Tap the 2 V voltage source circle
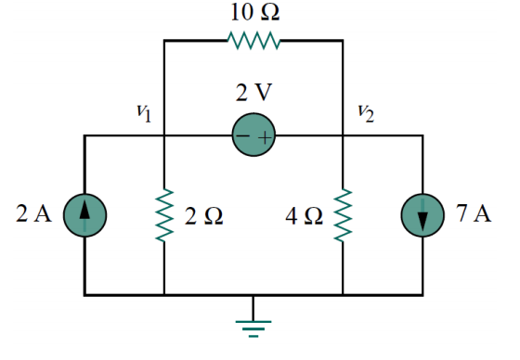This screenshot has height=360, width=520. (253, 137)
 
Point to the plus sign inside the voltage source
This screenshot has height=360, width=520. (265, 138)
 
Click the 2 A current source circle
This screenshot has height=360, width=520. (84, 216)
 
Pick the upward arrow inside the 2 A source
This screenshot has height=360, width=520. (84, 215)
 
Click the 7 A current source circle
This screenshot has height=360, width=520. (422, 216)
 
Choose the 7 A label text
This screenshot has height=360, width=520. (474, 215)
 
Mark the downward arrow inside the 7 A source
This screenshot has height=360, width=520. (422, 217)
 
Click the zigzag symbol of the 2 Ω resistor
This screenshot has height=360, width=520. (164, 215)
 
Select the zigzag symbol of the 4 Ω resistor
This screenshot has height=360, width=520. (343, 215)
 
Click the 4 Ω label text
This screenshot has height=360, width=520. (305, 216)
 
